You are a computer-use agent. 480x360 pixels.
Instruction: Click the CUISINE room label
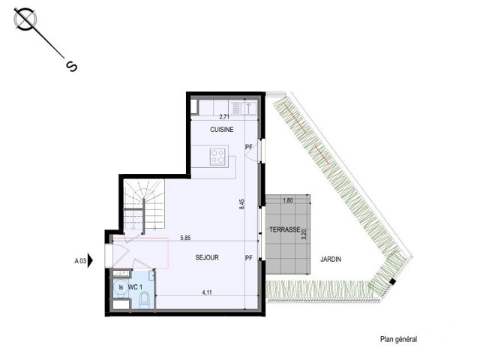[222, 130]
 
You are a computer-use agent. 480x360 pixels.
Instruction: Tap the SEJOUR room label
[207, 258]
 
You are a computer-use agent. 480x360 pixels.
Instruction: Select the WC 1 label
[135, 287]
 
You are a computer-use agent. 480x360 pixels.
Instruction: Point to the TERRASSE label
[285, 229]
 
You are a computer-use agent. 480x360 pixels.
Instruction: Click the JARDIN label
[331, 259]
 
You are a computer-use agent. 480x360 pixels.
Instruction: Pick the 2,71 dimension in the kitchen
[224, 116]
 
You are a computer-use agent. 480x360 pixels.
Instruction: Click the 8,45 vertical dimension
[241, 204]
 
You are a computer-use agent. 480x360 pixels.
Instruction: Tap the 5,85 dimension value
[185, 238]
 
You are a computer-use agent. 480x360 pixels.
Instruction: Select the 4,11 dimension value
[207, 292]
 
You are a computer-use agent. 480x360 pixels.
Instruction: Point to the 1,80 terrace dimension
[288, 200]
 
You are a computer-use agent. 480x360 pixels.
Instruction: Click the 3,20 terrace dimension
[304, 234]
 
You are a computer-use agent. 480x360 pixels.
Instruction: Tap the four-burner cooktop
[218, 157]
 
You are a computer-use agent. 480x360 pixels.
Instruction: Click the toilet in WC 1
[144, 299]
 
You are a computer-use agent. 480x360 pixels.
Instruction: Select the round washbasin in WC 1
[120, 287]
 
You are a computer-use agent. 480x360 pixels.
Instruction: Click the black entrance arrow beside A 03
[90, 261]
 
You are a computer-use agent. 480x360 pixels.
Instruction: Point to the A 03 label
[80, 261]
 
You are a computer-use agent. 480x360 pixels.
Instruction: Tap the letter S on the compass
[72, 67]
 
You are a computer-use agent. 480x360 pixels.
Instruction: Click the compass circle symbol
[25, 19]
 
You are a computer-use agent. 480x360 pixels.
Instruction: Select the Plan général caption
[398, 339]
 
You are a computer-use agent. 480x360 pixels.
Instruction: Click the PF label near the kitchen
[249, 147]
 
